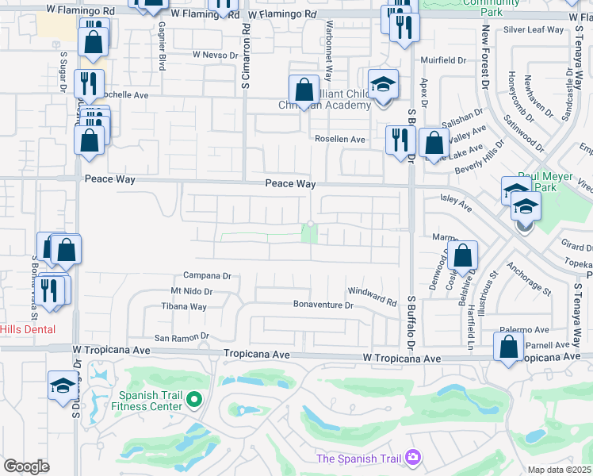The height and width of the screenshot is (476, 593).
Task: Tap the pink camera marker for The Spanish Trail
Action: pyautogui.click(x=412, y=458)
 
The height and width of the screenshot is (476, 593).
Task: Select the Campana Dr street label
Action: pyautogui.click(x=206, y=276)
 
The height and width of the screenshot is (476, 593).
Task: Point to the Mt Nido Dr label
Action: pyautogui.click(x=192, y=292)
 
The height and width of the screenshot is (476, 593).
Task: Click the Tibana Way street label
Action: pyautogui.click(x=185, y=306)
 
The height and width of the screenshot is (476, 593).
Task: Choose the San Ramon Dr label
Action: pyautogui.click(x=181, y=337)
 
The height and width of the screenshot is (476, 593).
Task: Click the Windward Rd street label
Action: pyautogui.click(x=371, y=301)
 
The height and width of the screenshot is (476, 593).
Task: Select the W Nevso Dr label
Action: pyautogui.click(x=215, y=56)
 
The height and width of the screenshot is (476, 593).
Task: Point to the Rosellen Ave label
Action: pyautogui.click(x=340, y=139)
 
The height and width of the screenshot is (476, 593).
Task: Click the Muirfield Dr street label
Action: pyautogui.click(x=443, y=59)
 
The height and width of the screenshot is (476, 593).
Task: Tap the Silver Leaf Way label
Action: pyautogui.click(x=534, y=29)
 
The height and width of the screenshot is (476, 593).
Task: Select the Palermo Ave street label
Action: pyautogui.click(x=524, y=330)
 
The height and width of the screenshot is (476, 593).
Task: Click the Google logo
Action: pyautogui.click(x=26, y=466)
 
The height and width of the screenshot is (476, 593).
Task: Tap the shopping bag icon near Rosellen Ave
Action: pyautogui.click(x=433, y=144)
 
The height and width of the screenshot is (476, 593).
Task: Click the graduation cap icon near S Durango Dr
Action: pyautogui.click(x=63, y=386)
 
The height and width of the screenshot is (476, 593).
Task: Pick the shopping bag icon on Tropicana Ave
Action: pyautogui.click(x=508, y=347)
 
